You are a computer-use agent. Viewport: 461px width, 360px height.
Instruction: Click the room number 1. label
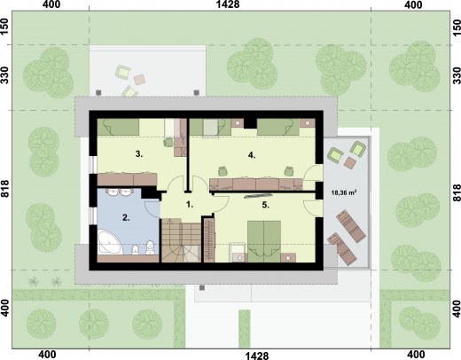(x=190, y=204)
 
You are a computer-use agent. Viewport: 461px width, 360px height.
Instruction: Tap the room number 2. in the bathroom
(x=126, y=218)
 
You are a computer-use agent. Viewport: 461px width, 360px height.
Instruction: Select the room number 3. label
(x=139, y=154)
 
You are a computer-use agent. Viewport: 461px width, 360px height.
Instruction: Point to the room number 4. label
(x=252, y=155)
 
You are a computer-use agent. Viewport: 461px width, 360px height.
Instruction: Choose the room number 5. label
(x=265, y=205)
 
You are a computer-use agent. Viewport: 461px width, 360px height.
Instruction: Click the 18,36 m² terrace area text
(x=344, y=193)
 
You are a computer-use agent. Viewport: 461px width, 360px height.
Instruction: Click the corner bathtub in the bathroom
(x=110, y=242)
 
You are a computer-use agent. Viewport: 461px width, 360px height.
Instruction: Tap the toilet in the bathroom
(x=150, y=247)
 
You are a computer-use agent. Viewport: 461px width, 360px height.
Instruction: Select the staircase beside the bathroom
(x=181, y=240)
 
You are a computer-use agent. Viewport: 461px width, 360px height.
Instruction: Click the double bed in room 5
(x=264, y=241)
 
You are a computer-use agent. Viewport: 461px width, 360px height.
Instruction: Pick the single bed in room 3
(x=118, y=127)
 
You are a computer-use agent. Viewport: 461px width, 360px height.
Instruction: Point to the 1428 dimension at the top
(x=228, y=4)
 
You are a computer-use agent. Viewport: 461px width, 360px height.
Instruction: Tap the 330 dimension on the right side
(x=457, y=75)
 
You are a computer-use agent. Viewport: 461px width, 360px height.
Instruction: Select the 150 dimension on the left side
(x=5, y=27)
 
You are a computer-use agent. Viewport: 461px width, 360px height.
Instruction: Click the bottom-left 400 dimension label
(x=48, y=355)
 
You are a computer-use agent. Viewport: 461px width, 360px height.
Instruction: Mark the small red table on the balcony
(x=351, y=162)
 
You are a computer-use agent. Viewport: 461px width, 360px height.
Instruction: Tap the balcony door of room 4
(x=313, y=174)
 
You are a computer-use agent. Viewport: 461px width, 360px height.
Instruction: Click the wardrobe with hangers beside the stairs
(x=209, y=239)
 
